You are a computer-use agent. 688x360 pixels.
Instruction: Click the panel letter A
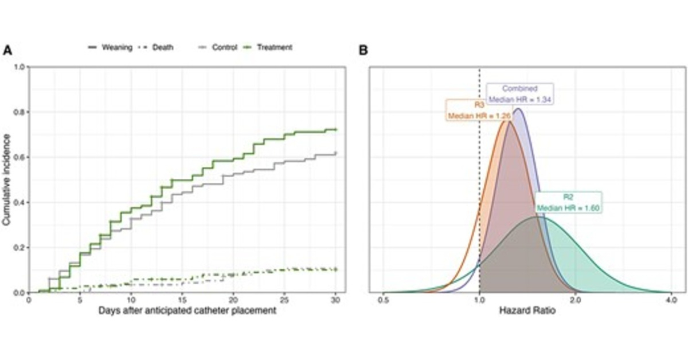coord(7,50)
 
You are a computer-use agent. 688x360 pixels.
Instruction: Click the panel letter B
coord(363,50)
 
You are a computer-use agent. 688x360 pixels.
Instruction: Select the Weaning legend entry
coord(112,47)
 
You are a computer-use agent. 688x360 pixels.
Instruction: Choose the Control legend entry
coord(218,47)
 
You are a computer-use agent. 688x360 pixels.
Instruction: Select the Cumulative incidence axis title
coord(7,179)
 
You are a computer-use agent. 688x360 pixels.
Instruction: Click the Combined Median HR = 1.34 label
coord(519,94)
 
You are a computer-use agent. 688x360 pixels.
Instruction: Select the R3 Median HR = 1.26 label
coord(479,110)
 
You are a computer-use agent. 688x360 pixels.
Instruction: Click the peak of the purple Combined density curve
coord(518,108)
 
